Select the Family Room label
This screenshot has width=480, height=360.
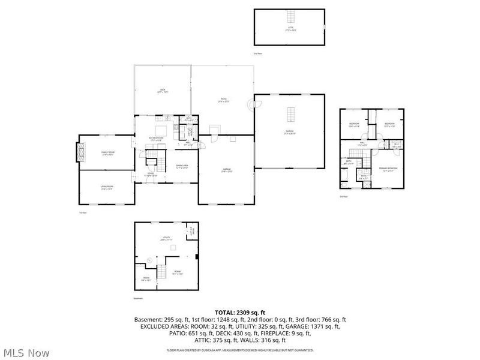107,154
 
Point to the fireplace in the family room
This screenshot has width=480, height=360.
78,152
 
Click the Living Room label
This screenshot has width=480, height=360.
107,187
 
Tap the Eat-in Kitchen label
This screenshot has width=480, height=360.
157,139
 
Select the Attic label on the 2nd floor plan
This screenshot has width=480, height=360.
290,28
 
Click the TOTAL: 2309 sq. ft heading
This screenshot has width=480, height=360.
240,313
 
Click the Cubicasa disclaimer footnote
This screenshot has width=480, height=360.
240,350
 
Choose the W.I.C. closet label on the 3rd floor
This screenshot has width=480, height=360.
396,144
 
